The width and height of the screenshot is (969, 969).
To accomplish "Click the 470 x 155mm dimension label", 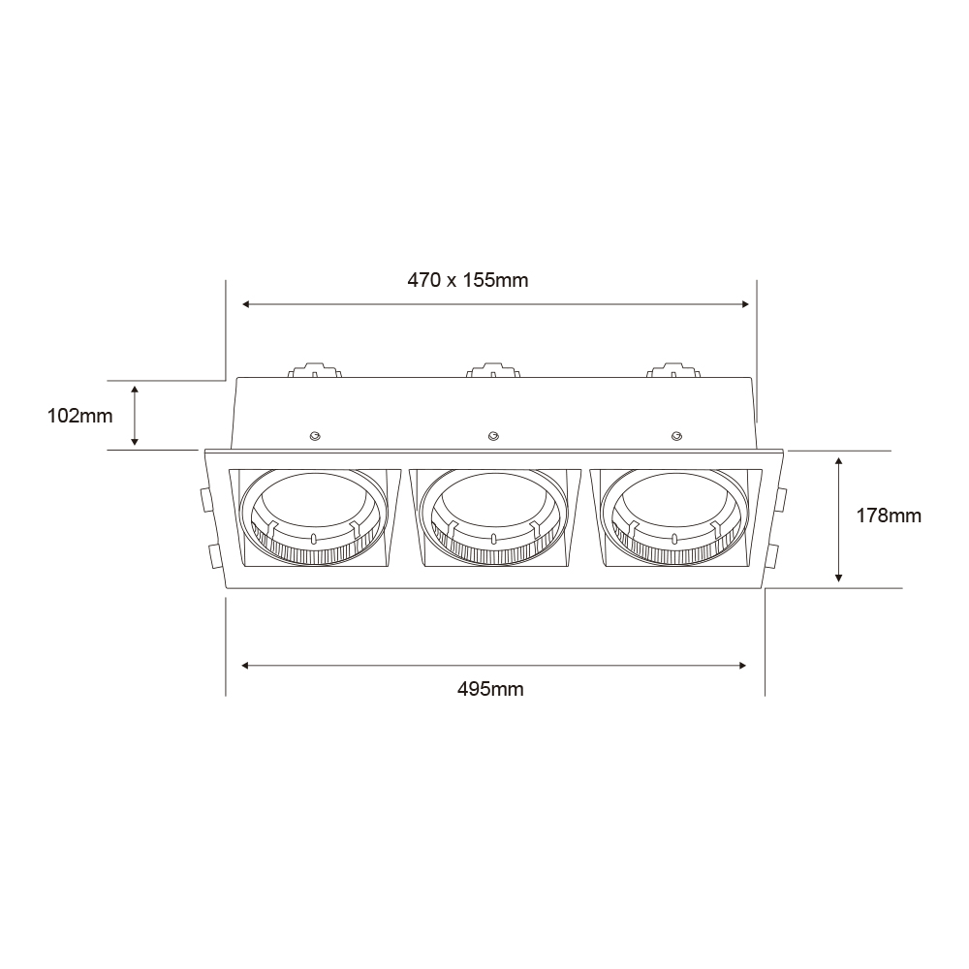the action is pyautogui.click(x=468, y=281).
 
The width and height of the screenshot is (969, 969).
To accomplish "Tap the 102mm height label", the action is pyautogui.click(x=80, y=416).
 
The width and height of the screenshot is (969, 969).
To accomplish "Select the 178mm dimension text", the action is pyautogui.click(x=888, y=516).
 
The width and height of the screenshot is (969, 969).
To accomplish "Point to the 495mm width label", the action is pyautogui.click(x=490, y=688).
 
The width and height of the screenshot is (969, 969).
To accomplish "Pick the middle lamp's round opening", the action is pyautogui.click(x=492, y=517).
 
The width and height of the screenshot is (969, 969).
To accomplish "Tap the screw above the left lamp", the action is pyautogui.click(x=315, y=437).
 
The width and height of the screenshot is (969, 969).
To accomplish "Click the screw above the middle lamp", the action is pyautogui.click(x=493, y=436).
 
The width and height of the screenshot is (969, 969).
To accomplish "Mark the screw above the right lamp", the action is pyautogui.click(x=676, y=436).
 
